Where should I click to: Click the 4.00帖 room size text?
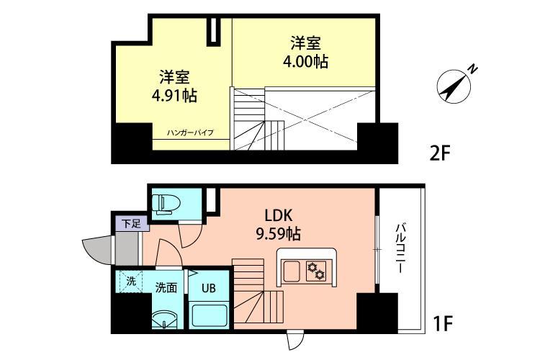(x=305, y=61)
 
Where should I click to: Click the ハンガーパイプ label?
(x=190, y=133)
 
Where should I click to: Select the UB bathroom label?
(x=208, y=288)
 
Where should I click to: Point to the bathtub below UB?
(x=210, y=314)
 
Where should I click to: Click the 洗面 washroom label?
(x=166, y=287)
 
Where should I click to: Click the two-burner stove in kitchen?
(x=316, y=271)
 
